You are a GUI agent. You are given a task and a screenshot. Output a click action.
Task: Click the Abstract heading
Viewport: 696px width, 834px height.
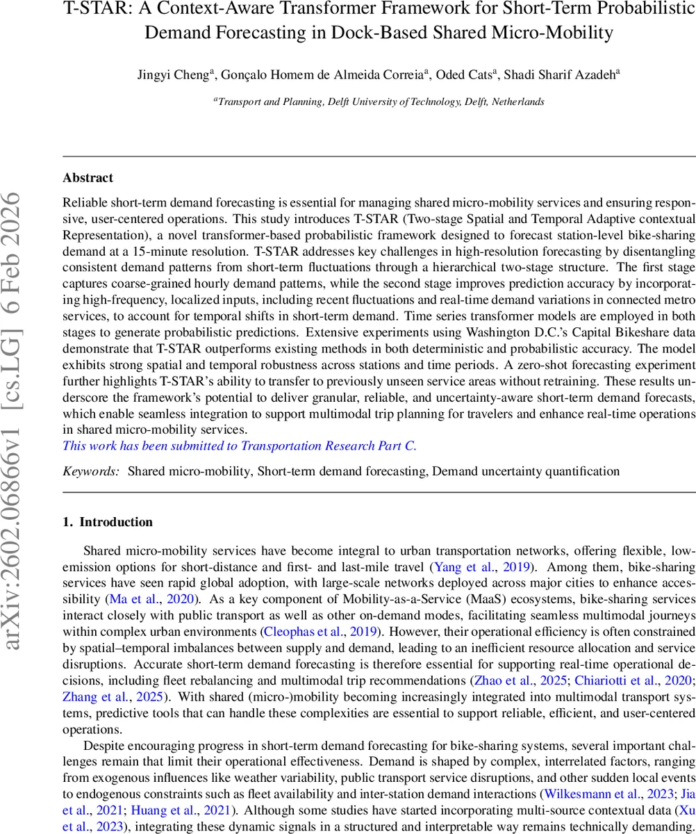pos(88,178)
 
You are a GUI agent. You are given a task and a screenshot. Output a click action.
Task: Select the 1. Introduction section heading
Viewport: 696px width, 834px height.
pos(108,522)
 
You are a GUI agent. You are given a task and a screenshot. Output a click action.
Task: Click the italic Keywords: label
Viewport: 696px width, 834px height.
pos(91,471)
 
